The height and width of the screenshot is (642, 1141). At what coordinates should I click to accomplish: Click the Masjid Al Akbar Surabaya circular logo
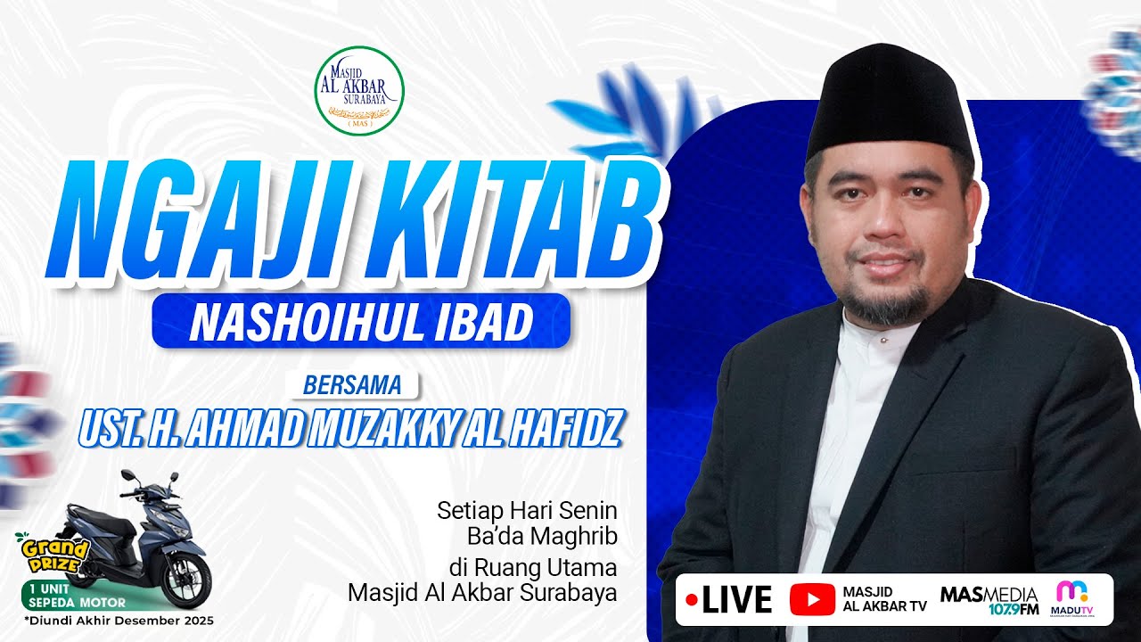(x=359, y=90)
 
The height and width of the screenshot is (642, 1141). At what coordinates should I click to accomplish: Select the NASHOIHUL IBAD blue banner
(x=361, y=320)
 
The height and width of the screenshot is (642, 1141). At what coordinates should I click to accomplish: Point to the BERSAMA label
(x=353, y=385)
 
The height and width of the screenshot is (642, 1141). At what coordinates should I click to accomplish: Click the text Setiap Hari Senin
(x=527, y=512)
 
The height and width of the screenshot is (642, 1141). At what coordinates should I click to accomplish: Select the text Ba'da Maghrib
(x=542, y=538)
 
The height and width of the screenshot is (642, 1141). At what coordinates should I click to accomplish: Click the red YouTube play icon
(x=812, y=600)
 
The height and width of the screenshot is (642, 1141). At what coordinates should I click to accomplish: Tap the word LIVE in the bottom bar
(x=736, y=600)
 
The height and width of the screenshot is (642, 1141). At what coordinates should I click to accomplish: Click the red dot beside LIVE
(x=691, y=600)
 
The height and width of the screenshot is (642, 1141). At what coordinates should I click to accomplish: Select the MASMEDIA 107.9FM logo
(x=989, y=600)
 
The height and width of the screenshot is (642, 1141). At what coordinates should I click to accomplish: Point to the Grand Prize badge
(x=50, y=554)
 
